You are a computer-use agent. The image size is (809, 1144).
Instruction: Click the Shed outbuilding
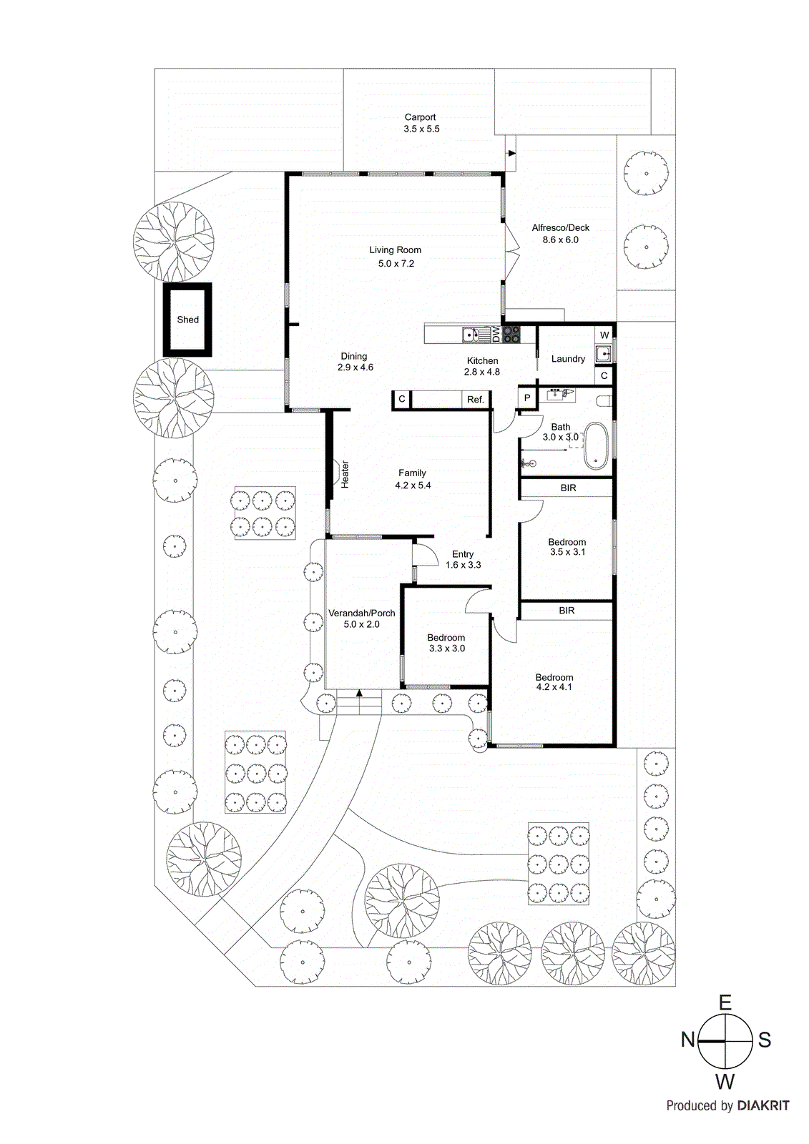pyautogui.click(x=187, y=320)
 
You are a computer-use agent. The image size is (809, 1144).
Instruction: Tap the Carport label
pyautogui.click(x=420, y=117)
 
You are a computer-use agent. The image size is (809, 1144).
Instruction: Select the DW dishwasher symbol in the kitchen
pyautogui.click(x=495, y=334)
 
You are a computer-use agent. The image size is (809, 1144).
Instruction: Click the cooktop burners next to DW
pyautogui.click(x=511, y=334)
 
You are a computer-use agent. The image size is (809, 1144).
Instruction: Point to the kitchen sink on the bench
pyautogui.click(x=471, y=334)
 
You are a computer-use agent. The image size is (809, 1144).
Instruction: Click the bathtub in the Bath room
pyautogui.click(x=596, y=446)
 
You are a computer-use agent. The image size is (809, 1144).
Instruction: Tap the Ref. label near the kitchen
pyautogui.click(x=476, y=400)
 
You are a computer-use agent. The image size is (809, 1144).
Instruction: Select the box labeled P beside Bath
pyautogui.click(x=527, y=398)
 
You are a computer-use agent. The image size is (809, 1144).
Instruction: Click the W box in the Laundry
pyautogui.click(x=604, y=335)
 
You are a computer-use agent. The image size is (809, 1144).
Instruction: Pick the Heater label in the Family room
pyautogui.click(x=345, y=474)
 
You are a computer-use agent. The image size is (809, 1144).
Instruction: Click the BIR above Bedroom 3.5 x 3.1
pyautogui.click(x=568, y=488)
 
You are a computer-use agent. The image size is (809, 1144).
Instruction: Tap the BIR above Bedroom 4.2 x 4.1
pyautogui.click(x=567, y=611)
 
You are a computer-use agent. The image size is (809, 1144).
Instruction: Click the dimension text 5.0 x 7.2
pyautogui.click(x=396, y=264)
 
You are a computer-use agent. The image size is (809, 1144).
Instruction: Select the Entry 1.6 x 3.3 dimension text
pyautogui.click(x=463, y=565)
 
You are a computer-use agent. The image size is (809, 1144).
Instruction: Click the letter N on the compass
pyautogui.click(x=688, y=1040)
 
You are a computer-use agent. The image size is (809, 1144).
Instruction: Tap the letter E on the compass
pyautogui.click(x=725, y=1003)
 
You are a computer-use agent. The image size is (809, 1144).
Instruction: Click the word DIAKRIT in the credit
pyautogui.click(x=763, y=1105)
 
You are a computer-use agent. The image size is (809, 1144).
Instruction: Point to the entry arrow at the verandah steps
pyautogui.click(x=359, y=692)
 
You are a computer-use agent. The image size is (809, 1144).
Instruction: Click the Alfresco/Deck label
pyautogui.click(x=560, y=228)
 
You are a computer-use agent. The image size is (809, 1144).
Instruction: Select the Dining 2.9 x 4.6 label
pyautogui.click(x=355, y=362)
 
